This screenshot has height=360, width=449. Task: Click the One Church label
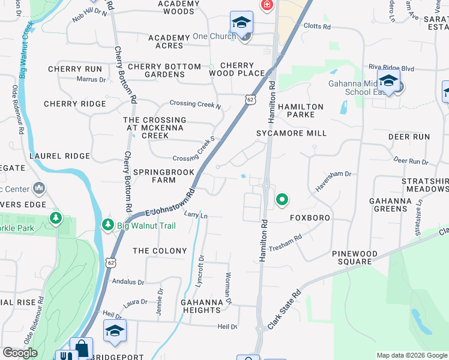(x=214, y=37)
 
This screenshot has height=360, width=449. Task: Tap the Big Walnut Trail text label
(x=143, y=226)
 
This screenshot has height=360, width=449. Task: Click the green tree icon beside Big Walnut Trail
(x=108, y=225)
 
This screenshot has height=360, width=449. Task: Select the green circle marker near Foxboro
(x=281, y=199)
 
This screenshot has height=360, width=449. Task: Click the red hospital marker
(x=267, y=5)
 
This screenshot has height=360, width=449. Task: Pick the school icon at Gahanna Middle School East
(x=388, y=80)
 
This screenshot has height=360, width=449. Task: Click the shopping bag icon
(x=81, y=348)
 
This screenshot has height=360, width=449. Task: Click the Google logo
(x=20, y=353)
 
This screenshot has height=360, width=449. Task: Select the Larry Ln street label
(x=196, y=215)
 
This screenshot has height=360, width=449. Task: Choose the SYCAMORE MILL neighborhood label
(x=292, y=133)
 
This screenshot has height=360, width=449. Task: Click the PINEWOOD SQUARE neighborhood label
(x=355, y=258)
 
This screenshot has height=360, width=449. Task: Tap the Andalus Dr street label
(x=127, y=282)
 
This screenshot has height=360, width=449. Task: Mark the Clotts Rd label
(x=317, y=27)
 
